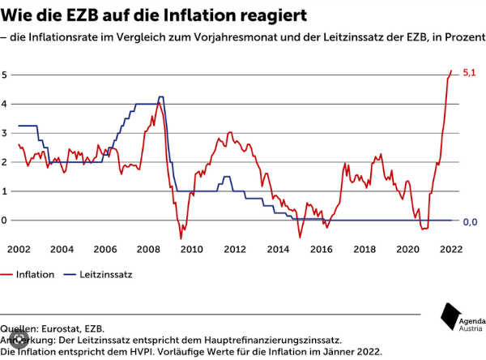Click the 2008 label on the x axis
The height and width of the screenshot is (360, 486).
tap(148, 248)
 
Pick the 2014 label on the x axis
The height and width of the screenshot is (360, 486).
tap(277, 248)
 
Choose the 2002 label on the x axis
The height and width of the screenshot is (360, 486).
tap(19, 248)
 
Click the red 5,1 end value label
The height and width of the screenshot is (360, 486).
tap(469, 74)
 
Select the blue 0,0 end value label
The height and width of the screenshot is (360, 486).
tap(470, 221)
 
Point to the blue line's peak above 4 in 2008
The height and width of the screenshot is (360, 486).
tap(161, 97)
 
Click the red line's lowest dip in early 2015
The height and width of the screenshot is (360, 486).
tap(300, 237)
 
